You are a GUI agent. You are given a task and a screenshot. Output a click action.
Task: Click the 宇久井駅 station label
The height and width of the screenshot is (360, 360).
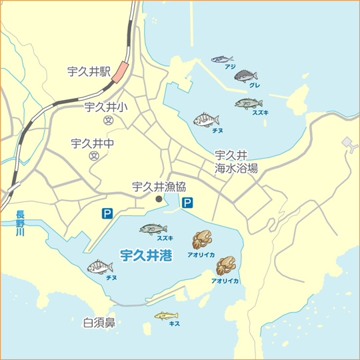click(x=89, y=70)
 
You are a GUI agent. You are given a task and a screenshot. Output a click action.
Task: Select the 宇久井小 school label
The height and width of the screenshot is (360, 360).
click(x=106, y=107)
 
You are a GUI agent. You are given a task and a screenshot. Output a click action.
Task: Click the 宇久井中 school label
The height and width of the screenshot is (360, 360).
click(x=93, y=143)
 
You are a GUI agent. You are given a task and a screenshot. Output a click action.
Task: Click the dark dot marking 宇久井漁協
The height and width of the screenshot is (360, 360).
click(x=159, y=199)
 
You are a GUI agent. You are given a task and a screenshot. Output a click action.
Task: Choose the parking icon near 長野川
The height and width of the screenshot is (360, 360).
click(x=107, y=213)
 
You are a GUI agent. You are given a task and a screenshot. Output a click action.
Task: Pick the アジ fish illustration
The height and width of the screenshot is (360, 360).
click(x=222, y=59)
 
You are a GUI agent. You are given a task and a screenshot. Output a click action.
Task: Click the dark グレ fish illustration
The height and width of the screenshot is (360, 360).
click(x=245, y=76)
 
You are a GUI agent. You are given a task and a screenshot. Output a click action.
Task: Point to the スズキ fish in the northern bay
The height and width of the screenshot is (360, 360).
click(x=249, y=103)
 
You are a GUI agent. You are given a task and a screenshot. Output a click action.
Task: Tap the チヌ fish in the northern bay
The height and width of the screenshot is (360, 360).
click(x=207, y=120)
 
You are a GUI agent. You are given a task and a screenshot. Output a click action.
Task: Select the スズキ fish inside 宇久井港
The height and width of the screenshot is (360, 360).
click(x=153, y=229)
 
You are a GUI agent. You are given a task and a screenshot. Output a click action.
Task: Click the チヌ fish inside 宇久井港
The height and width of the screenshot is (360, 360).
click(x=100, y=267)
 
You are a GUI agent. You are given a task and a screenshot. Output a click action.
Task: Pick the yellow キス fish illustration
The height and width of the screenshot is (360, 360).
click(x=167, y=315)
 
